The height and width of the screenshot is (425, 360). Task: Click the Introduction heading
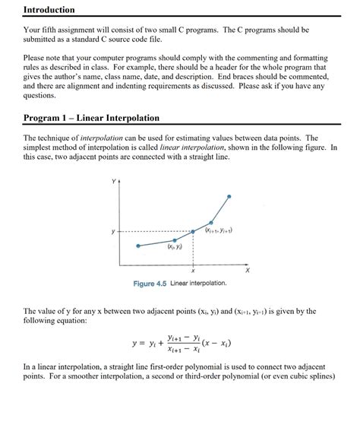point(49,10)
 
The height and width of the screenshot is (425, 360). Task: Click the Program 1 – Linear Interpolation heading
point(92,119)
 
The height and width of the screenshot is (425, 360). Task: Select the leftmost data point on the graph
point(138,246)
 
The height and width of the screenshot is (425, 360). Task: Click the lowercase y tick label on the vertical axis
point(113,231)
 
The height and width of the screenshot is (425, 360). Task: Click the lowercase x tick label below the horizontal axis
point(193,271)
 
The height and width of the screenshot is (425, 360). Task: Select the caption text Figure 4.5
point(150,284)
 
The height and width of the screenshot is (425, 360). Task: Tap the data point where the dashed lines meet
point(193,231)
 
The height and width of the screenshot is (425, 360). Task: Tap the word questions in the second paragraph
point(39,97)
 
